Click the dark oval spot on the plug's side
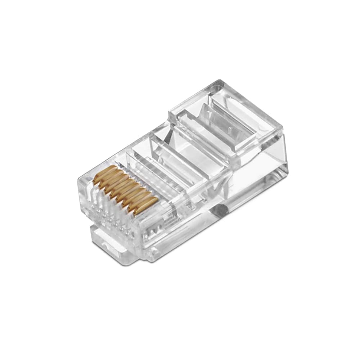[220, 209]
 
